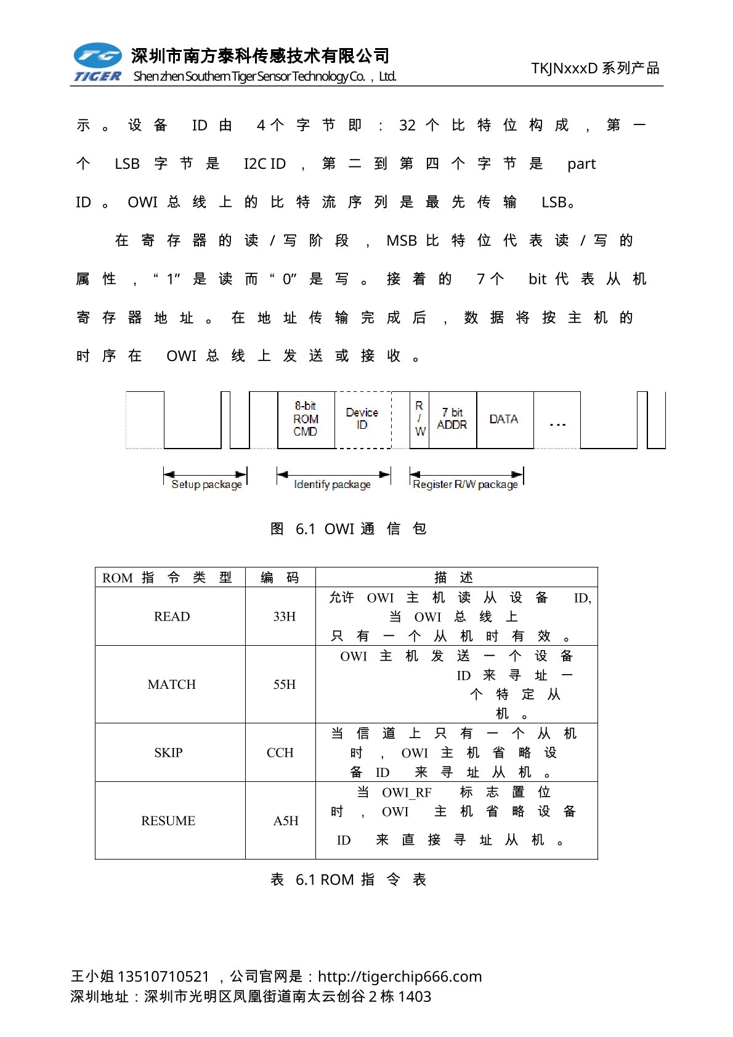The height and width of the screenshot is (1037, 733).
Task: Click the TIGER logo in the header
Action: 97,62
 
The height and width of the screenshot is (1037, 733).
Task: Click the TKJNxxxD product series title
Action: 595,68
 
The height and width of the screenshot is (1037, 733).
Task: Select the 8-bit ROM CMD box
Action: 306,420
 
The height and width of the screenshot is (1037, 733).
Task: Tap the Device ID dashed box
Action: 362,419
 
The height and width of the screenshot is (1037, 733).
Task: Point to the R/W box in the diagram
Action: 419,419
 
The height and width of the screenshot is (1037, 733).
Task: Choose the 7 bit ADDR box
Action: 452,419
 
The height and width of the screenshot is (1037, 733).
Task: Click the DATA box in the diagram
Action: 504,419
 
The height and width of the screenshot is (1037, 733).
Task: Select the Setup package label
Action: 206,484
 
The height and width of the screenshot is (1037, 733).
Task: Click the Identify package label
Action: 333,484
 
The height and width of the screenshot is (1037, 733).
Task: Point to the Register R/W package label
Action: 465,484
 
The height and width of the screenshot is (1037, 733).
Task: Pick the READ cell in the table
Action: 172,617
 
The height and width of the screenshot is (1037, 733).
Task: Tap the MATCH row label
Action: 172,685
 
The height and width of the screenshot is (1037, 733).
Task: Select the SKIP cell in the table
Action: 168,753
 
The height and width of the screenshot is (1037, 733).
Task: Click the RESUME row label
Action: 168,821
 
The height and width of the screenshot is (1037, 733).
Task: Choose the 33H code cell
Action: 285,617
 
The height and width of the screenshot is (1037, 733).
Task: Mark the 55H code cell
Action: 285,685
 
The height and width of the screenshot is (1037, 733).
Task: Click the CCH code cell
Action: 280,753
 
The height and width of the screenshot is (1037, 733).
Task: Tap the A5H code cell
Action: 286,821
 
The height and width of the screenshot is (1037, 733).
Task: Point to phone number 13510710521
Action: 163,977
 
